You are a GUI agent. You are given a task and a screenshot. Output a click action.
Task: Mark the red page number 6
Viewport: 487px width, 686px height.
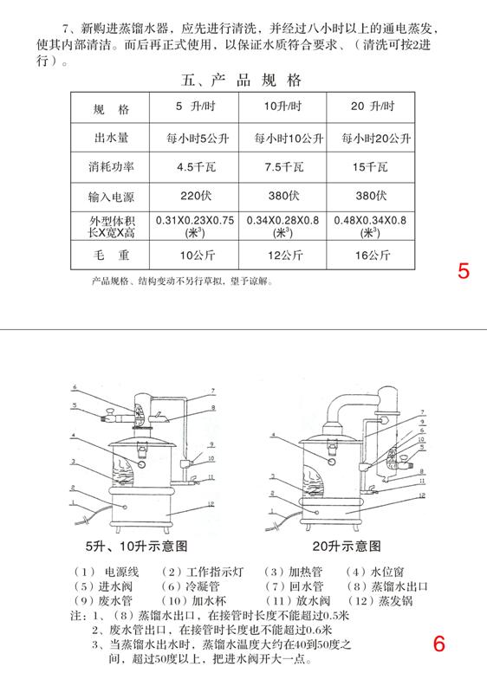pos(438,644)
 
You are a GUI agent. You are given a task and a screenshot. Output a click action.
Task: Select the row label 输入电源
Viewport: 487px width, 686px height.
pos(110,196)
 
